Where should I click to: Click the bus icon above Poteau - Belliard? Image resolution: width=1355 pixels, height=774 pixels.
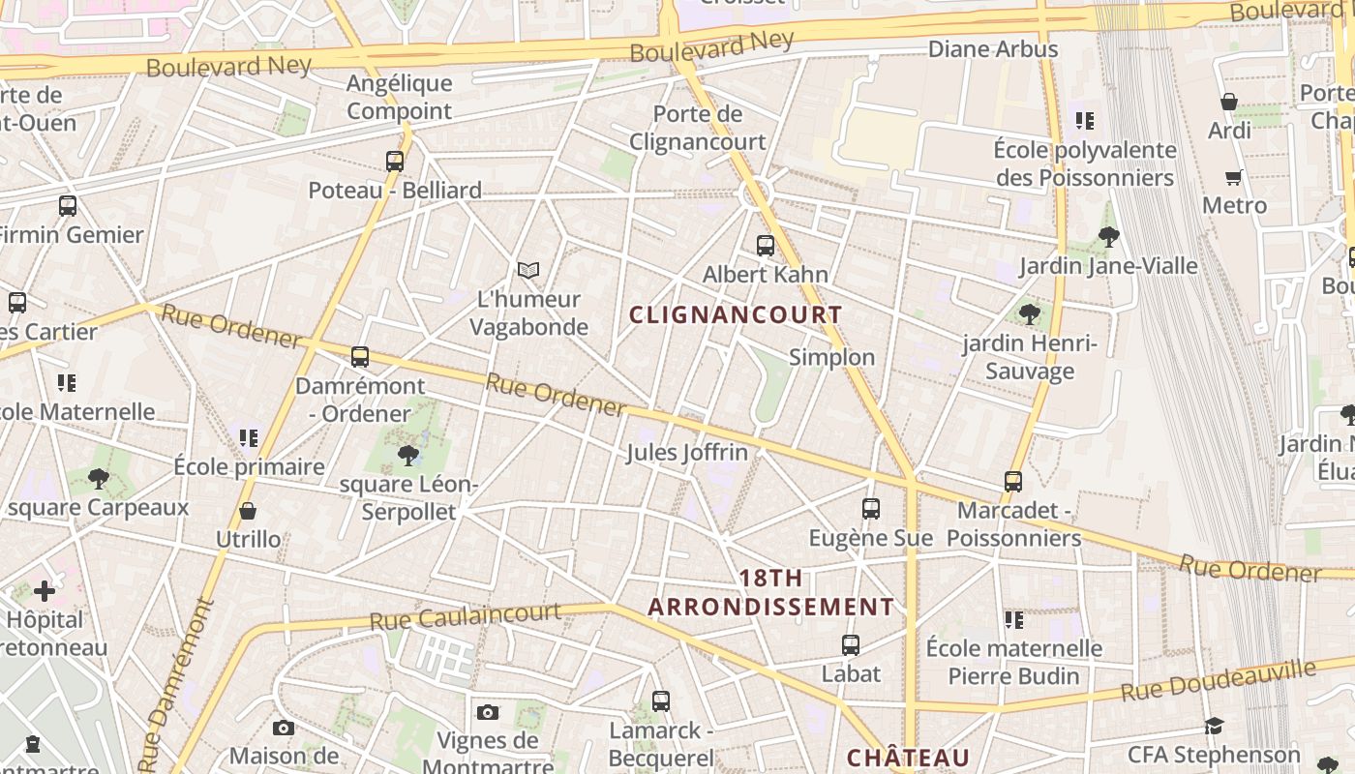pyautogui.click(x=395, y=162)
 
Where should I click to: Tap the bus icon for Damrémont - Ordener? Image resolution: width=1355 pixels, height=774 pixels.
pyautogui.click(x=360, y=357)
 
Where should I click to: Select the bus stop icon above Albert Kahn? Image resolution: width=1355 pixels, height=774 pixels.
pyautogui.click(x=766, y=246)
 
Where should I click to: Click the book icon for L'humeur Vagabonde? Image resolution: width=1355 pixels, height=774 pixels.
pyautogui.click(x=528, y=270)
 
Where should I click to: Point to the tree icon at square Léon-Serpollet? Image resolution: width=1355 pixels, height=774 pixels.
pyautogui.click(x=408, y=455)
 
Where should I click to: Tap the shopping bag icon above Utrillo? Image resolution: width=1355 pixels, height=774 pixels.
pyautogui.click(x=248, y=511)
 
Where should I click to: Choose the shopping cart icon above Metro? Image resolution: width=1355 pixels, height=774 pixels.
pyautogui.click(x=1234, y=177)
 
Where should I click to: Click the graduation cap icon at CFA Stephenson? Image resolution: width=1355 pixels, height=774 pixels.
pyautogui.click(x=1214, y=726)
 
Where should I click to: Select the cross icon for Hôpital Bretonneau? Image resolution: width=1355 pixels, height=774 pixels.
pyautogui.click(x=45, y=590)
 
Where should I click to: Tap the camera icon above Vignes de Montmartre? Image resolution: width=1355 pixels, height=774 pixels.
pyautogui.click(x=488, y=713)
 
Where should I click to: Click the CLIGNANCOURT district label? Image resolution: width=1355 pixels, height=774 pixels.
pyautogui.click(x=736, y=314)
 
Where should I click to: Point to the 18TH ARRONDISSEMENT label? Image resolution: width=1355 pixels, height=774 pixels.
pyautogui.click(x=771, y=593)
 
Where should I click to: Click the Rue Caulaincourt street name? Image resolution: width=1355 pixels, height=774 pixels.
pyautogui.click(x=466, y=615)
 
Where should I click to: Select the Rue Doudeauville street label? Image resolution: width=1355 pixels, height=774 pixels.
pyautogui.click(x=1219, y=681)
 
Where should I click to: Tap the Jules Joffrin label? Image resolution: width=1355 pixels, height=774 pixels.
pyautogui.click(x=687, y=452)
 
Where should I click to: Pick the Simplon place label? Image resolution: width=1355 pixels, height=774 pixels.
pyautogui.click(x=831, y=357)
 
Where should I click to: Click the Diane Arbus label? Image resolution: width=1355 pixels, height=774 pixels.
pyautogui.click(x=993, y=48)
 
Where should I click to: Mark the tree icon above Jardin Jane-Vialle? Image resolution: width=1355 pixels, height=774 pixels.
pyautogui.click(x=1109, y=235)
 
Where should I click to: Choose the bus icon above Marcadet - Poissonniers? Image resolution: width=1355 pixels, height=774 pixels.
pyautogui.click(x=1013, y=481)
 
